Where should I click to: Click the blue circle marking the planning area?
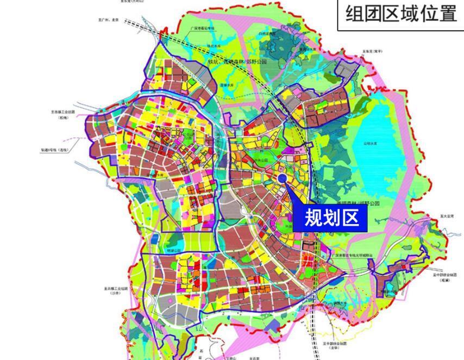point(282,178)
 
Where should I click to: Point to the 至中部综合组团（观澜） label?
point(444,277)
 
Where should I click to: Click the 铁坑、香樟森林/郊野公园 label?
point(237,62)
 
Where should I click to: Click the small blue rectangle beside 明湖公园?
point(155,239)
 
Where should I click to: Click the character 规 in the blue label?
point(312,218)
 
